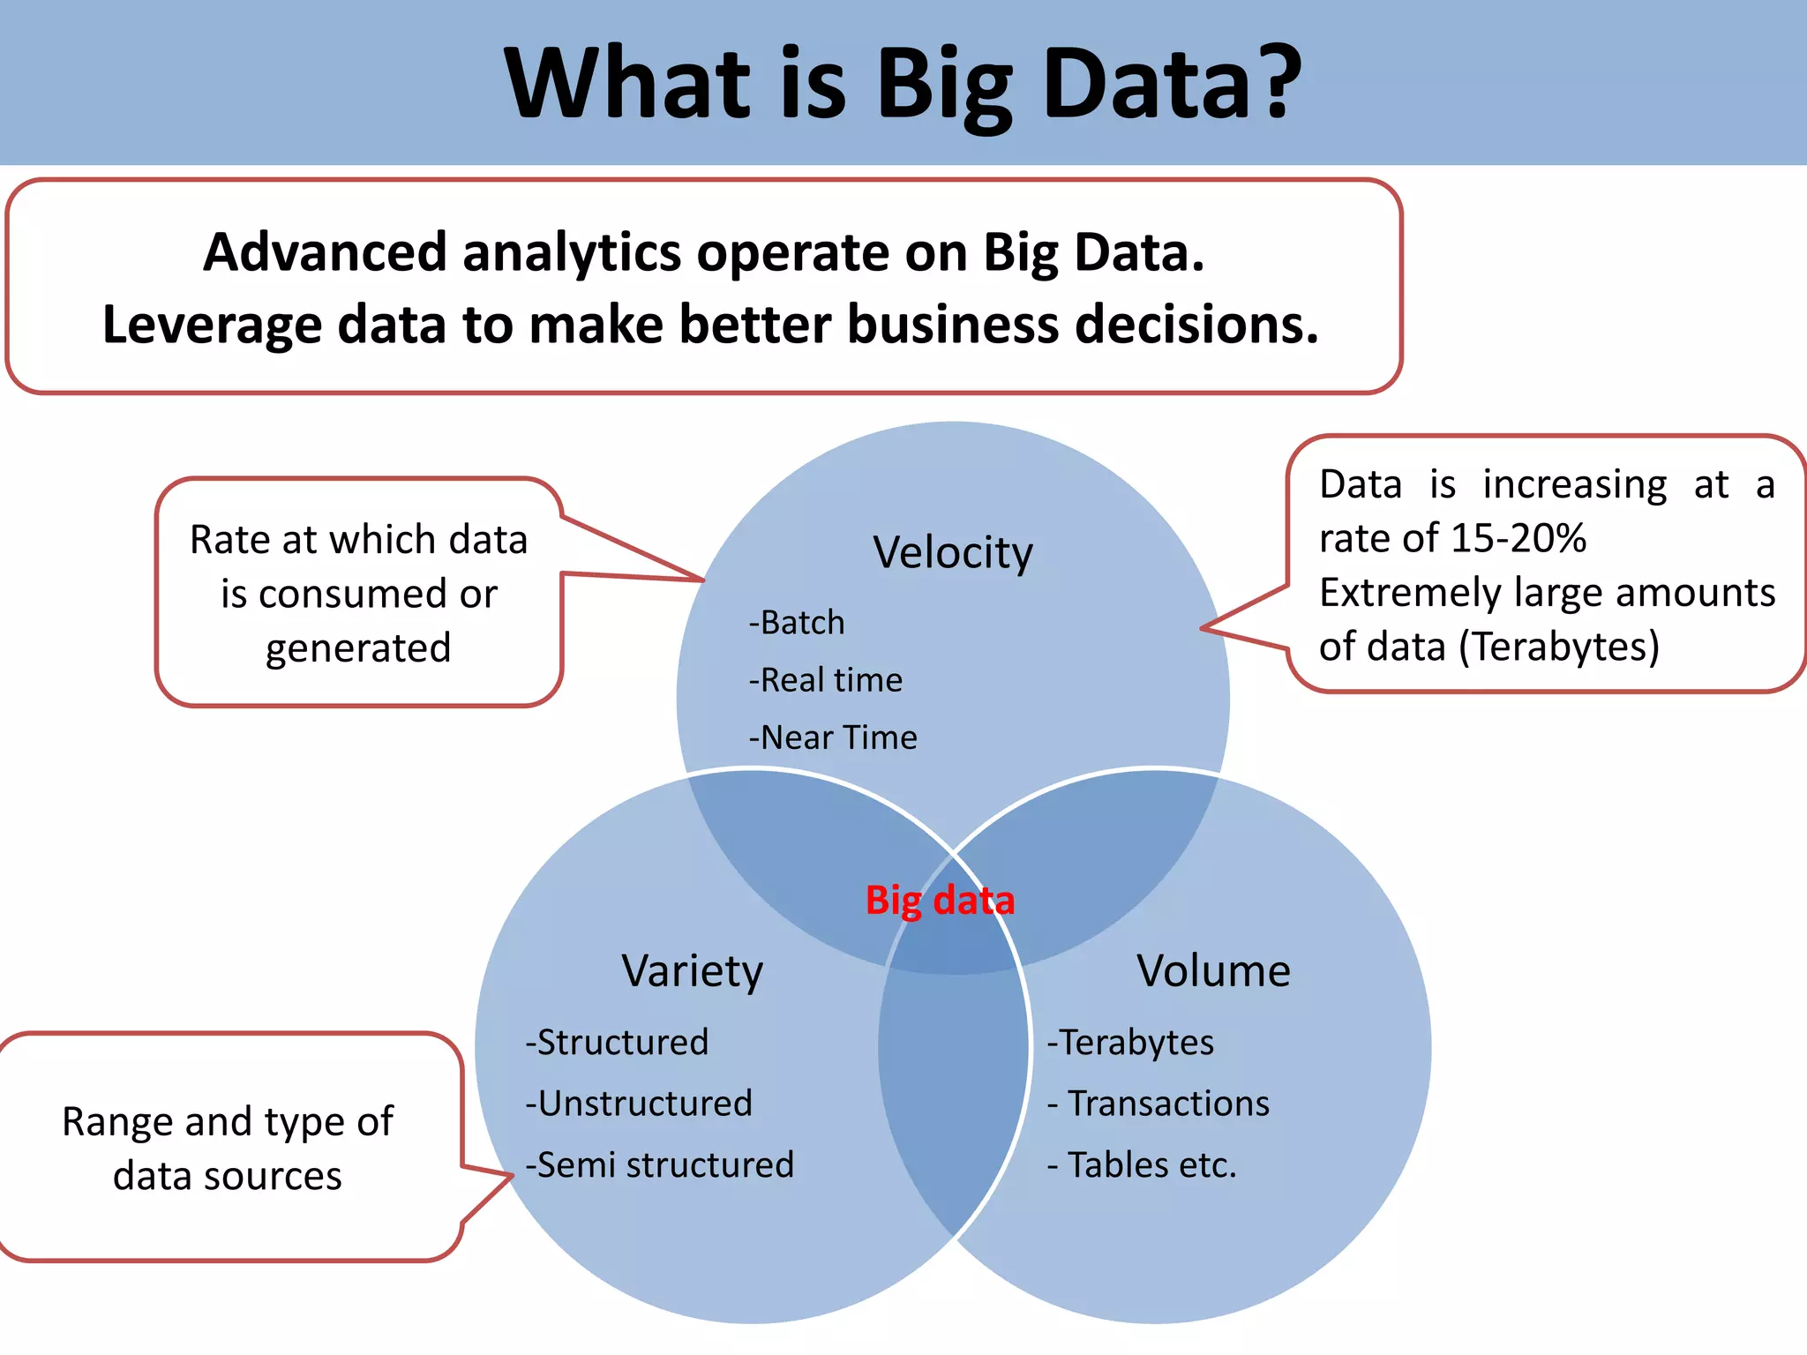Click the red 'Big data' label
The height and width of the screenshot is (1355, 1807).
pos(940,901)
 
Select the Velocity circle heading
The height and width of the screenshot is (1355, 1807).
pos(953,554)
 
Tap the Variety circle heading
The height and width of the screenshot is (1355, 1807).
pos(692,972)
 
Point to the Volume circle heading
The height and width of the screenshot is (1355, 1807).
pos(1213,971)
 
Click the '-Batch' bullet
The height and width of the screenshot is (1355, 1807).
pos(797,623)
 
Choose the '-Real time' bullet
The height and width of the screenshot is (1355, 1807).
pos(826,680)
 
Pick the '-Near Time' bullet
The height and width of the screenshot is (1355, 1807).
pos(833,737)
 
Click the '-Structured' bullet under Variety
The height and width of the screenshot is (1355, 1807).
pos(617,1043)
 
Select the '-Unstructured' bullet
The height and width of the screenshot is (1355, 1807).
pos(639,1104)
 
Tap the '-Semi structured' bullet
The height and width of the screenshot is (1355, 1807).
pos(660,1165)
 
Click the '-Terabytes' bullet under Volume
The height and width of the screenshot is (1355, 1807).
pos(1130,1043)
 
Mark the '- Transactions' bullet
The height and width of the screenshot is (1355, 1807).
pos(1158,1104)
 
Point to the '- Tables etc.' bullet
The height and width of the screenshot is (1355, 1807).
pos(1142,1165)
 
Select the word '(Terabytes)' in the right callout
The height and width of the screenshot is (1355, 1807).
pos(1559,647)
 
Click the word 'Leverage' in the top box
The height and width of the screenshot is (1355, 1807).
pos(212,326)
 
